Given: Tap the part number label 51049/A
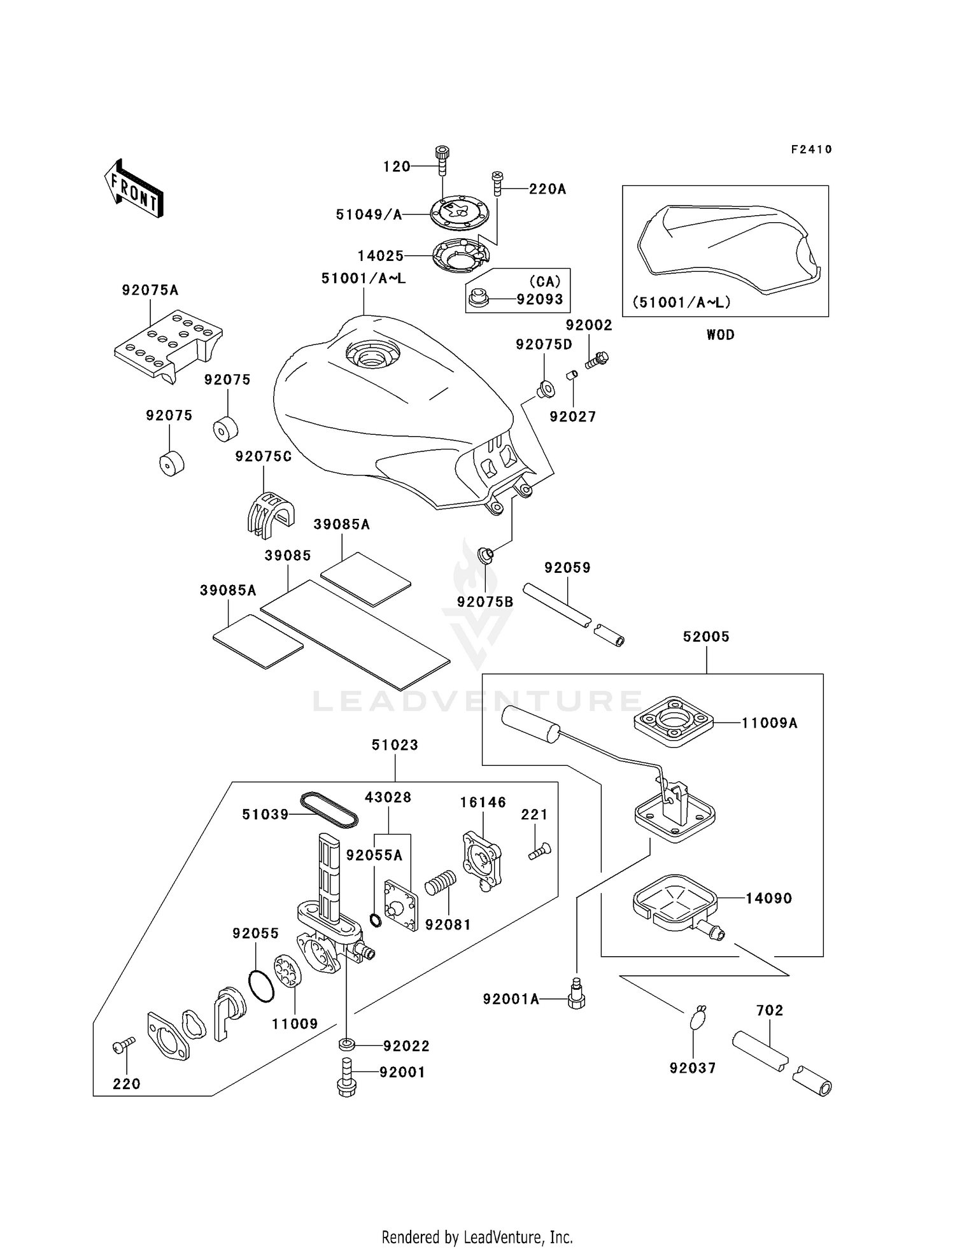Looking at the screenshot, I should point(369,215).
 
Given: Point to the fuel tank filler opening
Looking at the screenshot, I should point(372,354).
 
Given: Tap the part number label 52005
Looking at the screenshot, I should point(706,637).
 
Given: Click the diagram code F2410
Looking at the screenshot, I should point(811,150).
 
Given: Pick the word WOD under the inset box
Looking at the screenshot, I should point(720,335).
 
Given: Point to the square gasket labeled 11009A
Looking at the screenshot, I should point(674,723).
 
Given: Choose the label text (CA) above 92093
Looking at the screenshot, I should point(544,282).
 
